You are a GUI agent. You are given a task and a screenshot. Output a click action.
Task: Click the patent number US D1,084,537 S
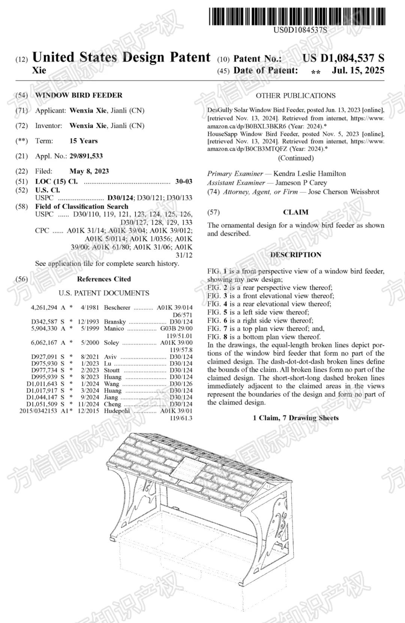(x=343, y=58)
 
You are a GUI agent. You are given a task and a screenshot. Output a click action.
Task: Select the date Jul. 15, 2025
(x=358, y=70)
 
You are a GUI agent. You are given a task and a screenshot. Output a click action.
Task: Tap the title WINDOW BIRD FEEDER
(x=79, y=95)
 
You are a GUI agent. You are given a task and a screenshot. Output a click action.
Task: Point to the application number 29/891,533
(x=86, y=156)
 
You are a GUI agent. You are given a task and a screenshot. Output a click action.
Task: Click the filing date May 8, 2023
(x=89, y=171)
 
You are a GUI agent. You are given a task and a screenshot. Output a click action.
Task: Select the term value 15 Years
(x=84, y=141)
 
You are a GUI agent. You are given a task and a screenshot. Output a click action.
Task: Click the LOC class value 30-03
(x=184, y=182)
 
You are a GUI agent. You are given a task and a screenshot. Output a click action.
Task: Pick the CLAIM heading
(x=295, y=212)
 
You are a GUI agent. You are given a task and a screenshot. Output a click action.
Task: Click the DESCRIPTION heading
(x=295, y=255)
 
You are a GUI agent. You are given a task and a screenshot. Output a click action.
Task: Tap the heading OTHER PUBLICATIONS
(x=295, y=96)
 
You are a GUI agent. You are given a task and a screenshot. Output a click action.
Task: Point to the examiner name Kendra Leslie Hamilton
(x=309, y=174)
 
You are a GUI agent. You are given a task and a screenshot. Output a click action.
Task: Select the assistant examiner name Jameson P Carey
(x=301, y=183)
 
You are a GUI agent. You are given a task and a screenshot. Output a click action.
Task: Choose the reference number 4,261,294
(x=44, y=308)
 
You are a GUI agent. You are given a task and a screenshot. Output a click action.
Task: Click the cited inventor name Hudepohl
(x=117, y=411)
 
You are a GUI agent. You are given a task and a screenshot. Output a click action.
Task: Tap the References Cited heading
(x=104, y=279)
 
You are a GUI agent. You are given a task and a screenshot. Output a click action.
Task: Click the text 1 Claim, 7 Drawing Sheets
(x=295, y=418)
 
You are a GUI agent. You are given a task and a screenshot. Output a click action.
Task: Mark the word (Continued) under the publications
(x=295, y=158)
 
